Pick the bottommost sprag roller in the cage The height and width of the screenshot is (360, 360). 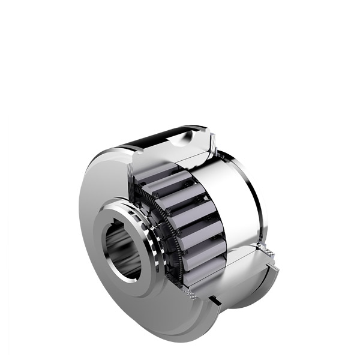pos(202,274)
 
